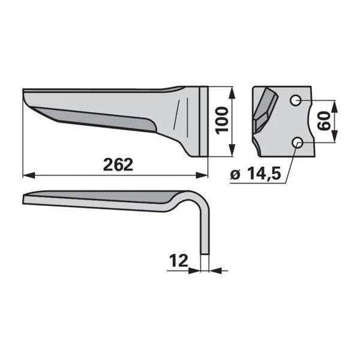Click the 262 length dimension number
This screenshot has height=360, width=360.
click(118, 164)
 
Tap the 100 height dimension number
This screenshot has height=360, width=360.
click(222, 121)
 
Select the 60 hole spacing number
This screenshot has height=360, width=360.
click(324, 121)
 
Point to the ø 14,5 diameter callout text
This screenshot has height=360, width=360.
click(256, 174)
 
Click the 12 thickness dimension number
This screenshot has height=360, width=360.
click(178, 260)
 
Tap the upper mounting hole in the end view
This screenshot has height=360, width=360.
click(295, 100)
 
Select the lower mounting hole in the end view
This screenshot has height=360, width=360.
click(298, 142)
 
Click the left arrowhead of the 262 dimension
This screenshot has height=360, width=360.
click(29, 175)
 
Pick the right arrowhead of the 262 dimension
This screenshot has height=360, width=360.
click(202, 175)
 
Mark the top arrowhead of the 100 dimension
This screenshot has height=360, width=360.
click(232, 92)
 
